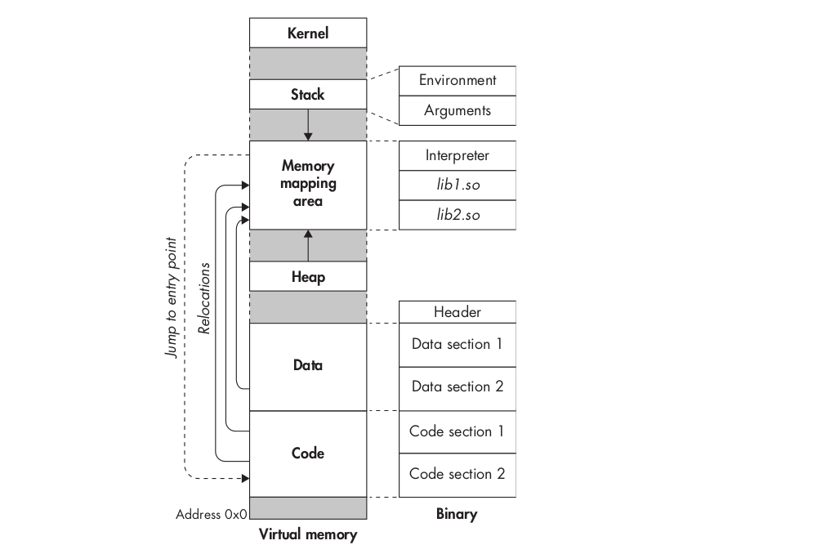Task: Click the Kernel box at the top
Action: [x=308, y=34]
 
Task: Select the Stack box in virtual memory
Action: [x=308, y=94]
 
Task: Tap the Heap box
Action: [x=308, y=276]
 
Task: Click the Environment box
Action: [x=458, y=80]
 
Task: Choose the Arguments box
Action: [x=458, y=110]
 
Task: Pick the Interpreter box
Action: [x=458, y=155]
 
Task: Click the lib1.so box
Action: [x=458, y=185]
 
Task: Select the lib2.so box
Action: [x=458, y=214]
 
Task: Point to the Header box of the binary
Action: [x=458, y=311]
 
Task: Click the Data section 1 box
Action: [x=458, y=344]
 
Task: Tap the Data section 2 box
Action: [x=458, y=387]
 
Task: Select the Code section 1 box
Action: [x=458, y=431]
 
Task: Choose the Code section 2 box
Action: [x=458, y=474]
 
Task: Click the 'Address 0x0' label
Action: [x=211, y=515]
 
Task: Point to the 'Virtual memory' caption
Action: [x=308, y=536]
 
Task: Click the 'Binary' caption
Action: [x=458, y=515]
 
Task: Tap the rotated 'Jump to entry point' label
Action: [x=171, y=298]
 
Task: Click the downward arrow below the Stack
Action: [x=308, y=124]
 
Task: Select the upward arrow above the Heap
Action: [x=308, y=245]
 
